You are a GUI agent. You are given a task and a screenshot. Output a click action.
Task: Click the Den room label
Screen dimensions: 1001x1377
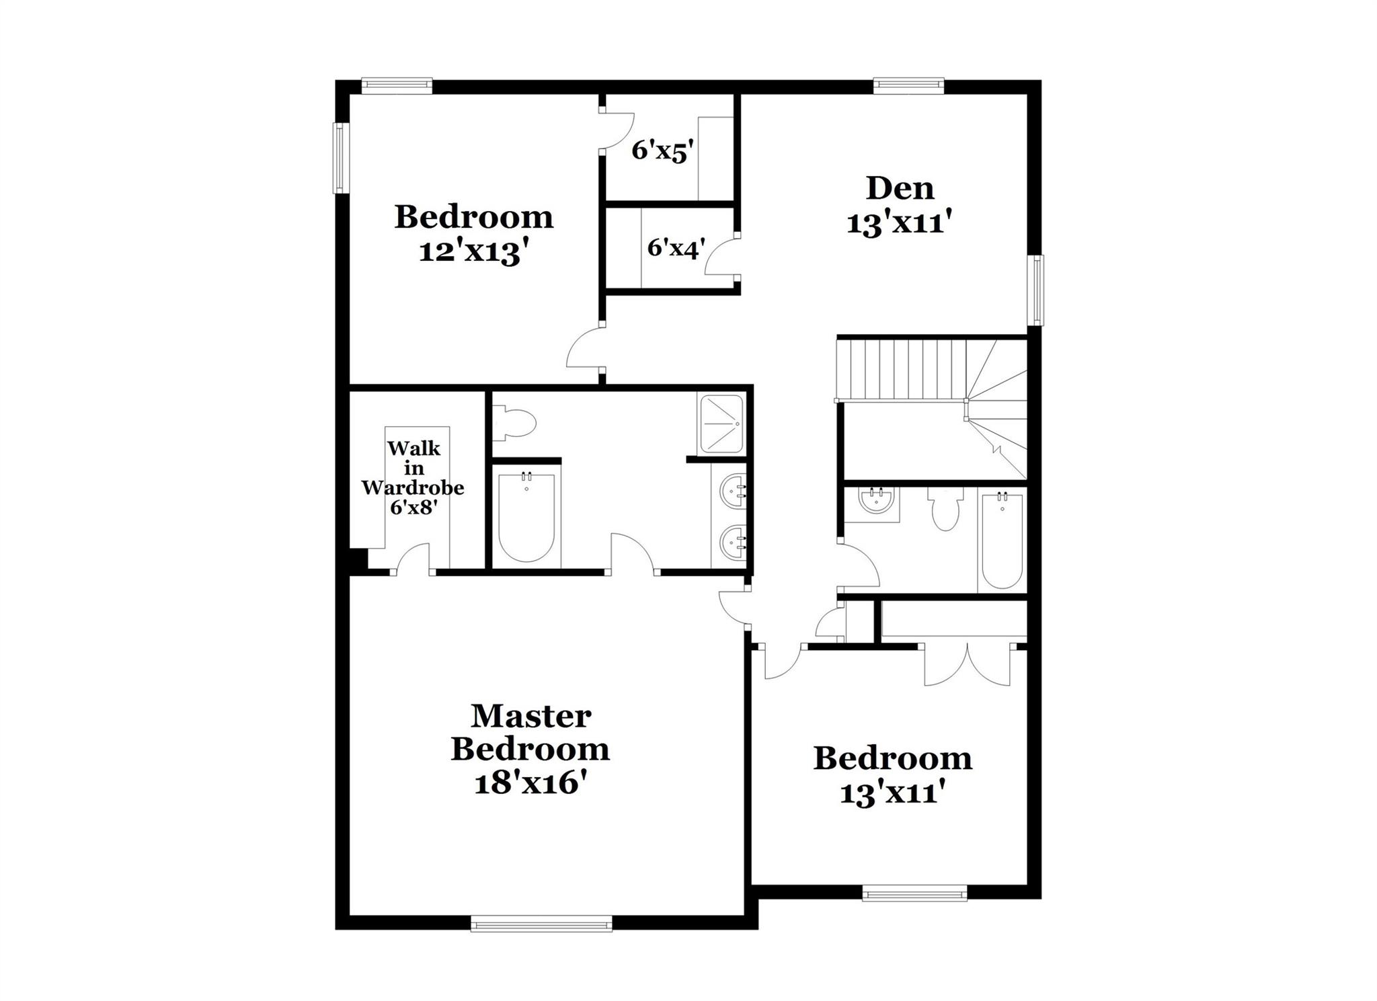900,188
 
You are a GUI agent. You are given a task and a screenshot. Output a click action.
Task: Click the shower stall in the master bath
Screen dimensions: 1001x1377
721,424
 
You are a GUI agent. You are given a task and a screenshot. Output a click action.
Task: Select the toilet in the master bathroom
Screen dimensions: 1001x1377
515,424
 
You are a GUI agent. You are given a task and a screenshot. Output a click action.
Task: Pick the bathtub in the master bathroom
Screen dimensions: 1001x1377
526,518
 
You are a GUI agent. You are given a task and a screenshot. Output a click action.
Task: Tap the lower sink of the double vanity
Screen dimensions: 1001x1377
734,542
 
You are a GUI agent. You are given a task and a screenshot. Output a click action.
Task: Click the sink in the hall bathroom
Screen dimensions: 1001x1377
875,502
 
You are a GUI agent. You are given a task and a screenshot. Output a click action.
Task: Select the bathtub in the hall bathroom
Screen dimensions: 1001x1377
1002,541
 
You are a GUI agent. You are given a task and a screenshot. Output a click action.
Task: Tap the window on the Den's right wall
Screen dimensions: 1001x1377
1038,290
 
